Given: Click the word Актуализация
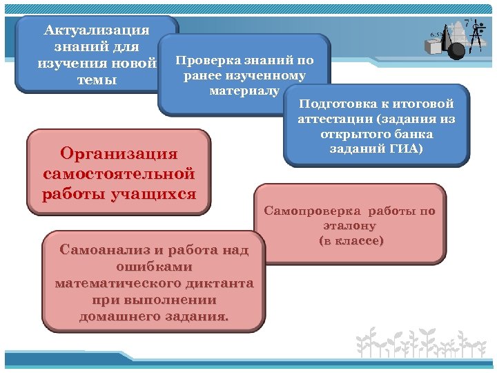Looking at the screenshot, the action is (96, 30).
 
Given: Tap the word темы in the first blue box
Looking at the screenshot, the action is (96, 80).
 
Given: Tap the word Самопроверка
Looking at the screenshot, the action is (313, 211).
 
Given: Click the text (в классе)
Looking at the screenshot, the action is (351, 240).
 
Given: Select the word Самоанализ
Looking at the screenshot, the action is (100, 249).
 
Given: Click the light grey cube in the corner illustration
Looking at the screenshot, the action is (434, 47).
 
